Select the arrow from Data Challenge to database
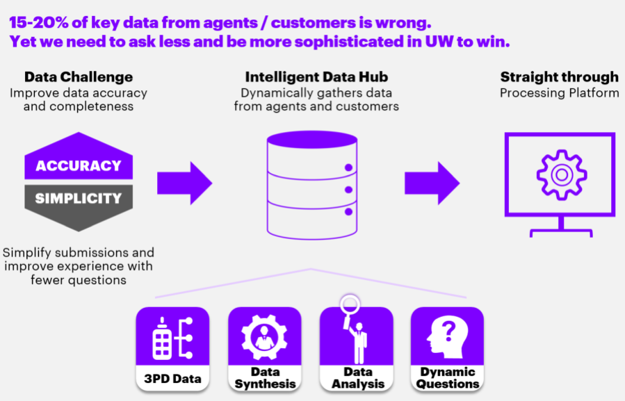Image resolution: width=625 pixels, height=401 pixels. [184, 183]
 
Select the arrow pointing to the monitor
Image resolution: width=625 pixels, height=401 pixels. [432, 183]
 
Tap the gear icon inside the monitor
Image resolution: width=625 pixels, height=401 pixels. [560, 174]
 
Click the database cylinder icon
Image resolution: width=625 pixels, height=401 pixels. [311, 184]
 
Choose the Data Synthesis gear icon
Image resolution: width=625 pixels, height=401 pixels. [264, 337]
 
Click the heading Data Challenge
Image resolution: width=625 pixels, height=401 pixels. [79, 77]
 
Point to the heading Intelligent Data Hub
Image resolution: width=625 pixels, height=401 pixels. [316, 77]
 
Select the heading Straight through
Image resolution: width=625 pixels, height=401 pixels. [559, 77]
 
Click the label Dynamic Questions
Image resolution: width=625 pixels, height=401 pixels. [448, 378]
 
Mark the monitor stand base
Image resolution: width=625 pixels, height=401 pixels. [560, 234]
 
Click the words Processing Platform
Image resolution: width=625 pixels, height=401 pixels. [559, 92]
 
